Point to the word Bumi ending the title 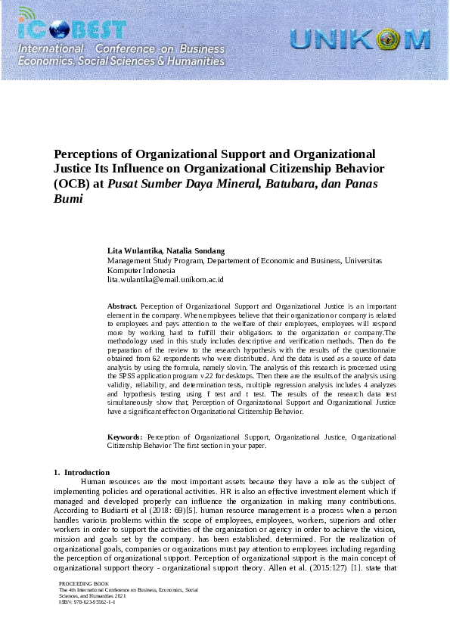(x=67, y=199)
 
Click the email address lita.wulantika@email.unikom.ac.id (x=165, y=279)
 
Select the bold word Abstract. (x=123, y=306)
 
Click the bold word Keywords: (x=125, y=437)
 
